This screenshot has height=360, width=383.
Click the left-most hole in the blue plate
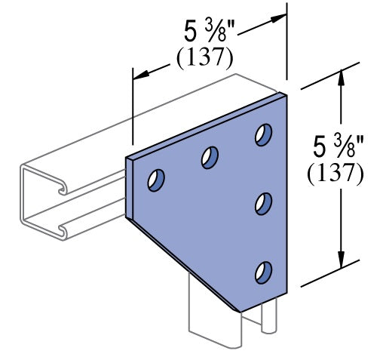pos(157,181)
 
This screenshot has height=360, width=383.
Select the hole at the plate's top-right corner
pos(263,134)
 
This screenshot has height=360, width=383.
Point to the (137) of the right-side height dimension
pos(336,173)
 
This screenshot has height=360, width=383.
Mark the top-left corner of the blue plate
pos(127,156)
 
